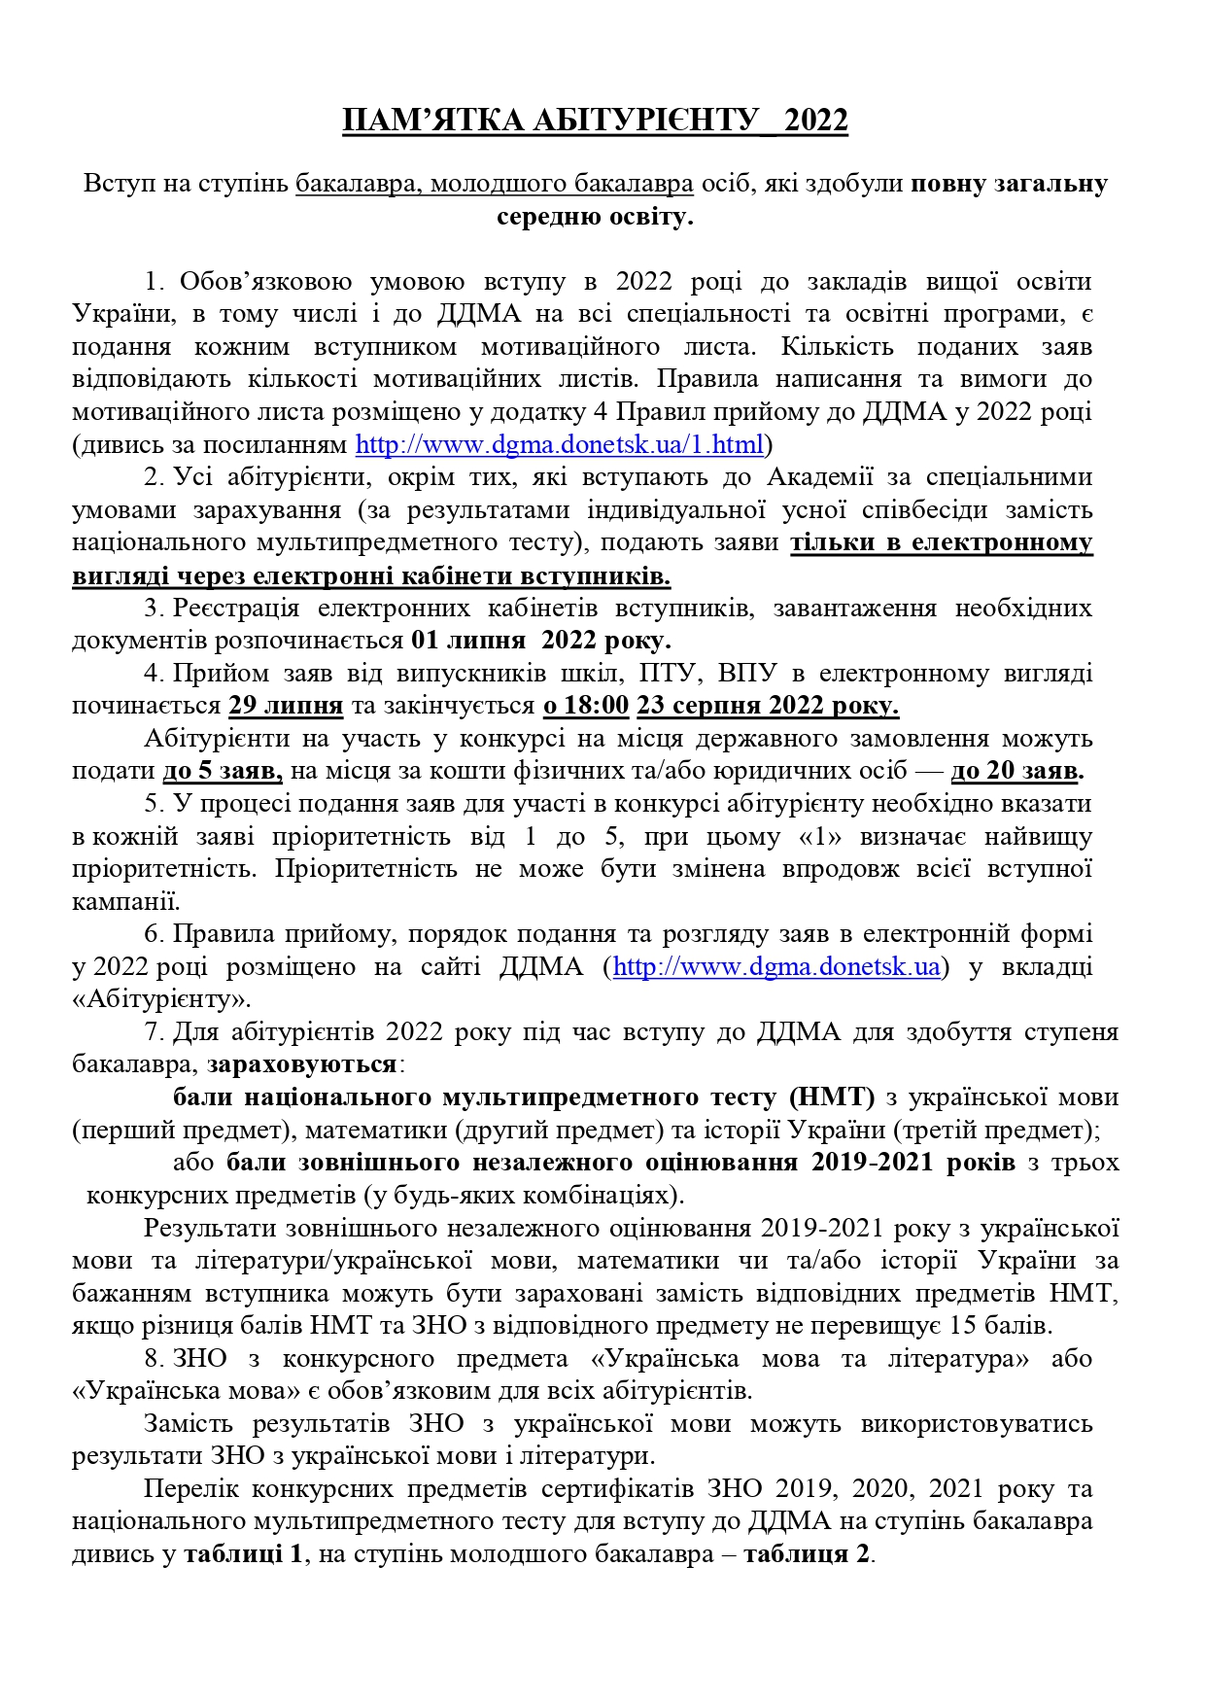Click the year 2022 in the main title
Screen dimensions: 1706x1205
[815, 121]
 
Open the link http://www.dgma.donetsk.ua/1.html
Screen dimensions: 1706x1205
[560, 445]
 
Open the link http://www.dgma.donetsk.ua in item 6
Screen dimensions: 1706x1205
[776, 967]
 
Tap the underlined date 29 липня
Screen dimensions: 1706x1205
[286, 706]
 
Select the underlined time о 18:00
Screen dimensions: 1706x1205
[586, 706]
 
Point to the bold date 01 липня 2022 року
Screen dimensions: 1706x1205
[540, 641]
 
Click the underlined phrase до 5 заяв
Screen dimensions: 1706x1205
[223, 771]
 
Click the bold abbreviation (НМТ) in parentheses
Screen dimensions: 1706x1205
[832, 1097]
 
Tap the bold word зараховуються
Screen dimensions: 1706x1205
[302, 1064]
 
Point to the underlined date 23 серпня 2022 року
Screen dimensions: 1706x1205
[767, 706]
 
